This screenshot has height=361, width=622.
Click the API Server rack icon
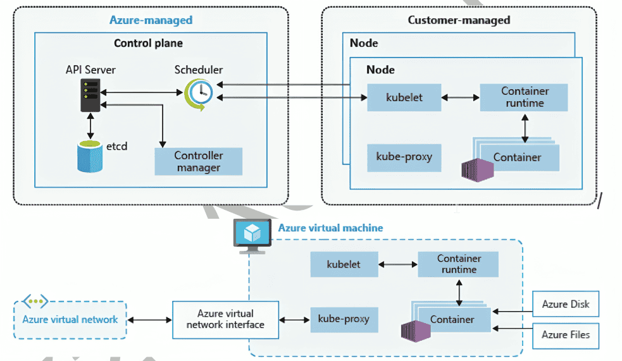[x=90, y=95]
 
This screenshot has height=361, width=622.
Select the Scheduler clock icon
[x=199, y=95]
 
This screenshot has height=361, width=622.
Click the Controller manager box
[x=198, y=161]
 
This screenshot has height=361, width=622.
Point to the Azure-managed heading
[x=151, y=20]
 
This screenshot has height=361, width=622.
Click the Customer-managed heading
[x=459, y=20]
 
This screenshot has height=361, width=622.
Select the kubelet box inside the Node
[x=404, y=97]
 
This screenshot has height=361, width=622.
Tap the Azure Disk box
[x=566, y=305]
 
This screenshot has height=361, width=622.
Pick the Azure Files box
[x=566, y=334]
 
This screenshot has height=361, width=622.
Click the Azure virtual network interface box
[x=225, y=319]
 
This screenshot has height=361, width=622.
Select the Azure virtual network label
[x=70, y=319]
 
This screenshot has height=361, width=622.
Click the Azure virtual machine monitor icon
[x=251, y=236]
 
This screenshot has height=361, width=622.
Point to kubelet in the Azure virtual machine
[x=344, y=264]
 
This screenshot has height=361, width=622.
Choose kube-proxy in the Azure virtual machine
[x=344, y=319]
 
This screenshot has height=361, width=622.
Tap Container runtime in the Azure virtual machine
[x=459, y=264]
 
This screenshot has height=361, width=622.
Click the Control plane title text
[x=148, y=44]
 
